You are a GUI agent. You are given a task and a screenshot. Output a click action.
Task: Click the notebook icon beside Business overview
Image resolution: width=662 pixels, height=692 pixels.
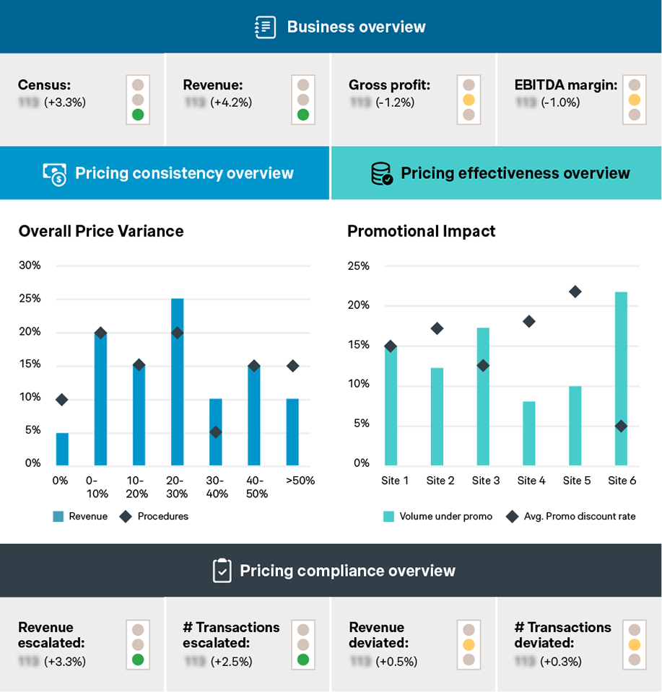(x=266, y=27)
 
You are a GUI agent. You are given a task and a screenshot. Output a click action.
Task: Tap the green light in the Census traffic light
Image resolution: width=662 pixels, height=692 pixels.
(x=138, y=114)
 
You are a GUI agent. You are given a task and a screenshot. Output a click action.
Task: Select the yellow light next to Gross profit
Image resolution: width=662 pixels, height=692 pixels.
(x=469, y=100)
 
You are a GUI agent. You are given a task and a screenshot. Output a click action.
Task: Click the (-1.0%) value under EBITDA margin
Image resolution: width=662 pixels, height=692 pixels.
(x=561, y=102)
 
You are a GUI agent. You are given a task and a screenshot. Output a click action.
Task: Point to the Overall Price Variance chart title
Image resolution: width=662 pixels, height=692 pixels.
(x=101, y=231)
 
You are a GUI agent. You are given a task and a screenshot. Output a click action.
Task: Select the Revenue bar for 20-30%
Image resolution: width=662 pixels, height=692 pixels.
(x=177, y=382)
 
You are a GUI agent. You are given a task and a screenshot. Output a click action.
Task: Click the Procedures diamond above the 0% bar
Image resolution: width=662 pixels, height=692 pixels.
(x=62, y=400)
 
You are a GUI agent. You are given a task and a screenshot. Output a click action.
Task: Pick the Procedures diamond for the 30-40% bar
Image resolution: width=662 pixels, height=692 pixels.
(x=215, y=432)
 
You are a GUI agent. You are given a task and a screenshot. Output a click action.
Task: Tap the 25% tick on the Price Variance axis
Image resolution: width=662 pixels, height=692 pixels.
(x=30, y=299)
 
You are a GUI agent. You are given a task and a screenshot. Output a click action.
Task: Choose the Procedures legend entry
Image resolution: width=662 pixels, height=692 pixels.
(x=156, y=516)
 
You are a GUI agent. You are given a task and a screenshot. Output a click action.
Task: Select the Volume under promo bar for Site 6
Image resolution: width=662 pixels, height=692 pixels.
(x=621, y=378)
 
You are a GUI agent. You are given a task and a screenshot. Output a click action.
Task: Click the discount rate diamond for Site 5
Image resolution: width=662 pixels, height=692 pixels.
(x=575, y=292)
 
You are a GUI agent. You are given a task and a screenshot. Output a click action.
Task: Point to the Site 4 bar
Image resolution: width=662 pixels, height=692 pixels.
(x=529, y=433)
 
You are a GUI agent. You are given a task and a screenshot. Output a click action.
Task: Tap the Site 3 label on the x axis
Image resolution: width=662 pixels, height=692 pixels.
(x=486, y=481)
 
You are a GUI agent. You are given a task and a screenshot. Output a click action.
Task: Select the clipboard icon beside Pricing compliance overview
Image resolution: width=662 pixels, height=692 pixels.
(x=222, y=571)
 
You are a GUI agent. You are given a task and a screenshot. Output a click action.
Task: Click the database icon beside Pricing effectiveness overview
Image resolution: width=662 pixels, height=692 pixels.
(x=381, y=173)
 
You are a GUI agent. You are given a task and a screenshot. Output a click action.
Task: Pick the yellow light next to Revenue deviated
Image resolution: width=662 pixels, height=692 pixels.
(x=469, y=644)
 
